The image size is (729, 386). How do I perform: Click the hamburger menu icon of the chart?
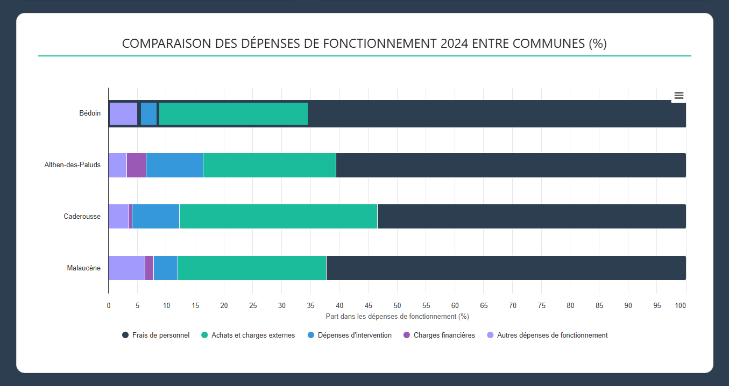coord(678,96)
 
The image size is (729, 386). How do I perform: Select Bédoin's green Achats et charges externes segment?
coord(233,113)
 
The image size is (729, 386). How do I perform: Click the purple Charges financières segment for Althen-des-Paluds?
coord(136,165)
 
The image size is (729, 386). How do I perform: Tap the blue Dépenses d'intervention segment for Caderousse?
coord(155,216)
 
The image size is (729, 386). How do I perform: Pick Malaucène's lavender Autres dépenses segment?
coord(126,268)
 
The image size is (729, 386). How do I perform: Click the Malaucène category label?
coord(83,268)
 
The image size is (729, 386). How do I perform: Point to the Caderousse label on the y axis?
coord(82,216)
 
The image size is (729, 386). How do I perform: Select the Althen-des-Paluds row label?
coord(72,165)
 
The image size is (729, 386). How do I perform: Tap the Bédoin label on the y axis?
coord(89,113)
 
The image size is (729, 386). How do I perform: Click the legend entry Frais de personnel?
coord(160,335)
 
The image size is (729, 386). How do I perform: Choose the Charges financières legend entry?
coord(444,335)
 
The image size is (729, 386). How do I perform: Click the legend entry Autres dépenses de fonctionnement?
coord(552,335)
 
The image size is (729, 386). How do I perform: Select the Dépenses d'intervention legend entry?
coord(354,335)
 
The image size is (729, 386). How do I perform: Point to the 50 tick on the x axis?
coord(397,305)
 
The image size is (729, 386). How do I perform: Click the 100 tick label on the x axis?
coord(680,305)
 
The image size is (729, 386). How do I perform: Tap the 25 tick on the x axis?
coord(253,305)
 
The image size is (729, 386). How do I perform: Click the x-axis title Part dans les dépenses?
coord(397,316)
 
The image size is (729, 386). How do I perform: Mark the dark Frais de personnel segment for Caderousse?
coord(531,216)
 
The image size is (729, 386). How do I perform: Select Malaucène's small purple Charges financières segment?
coord(149,268)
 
